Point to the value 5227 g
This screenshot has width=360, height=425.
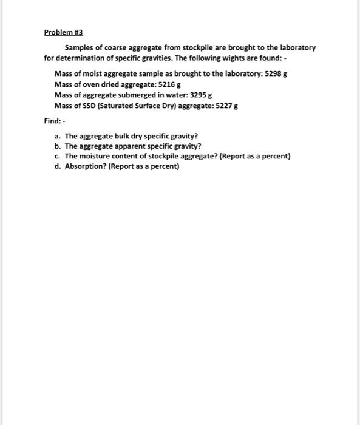pyautogui.click(x=226, y=105)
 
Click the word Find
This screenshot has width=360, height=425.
pyautogui.click(x=51, y=121)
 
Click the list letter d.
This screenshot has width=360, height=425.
pyautogui.click(x=56, y=166)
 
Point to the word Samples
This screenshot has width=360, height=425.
pyautogui.click(x=80, y=47)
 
